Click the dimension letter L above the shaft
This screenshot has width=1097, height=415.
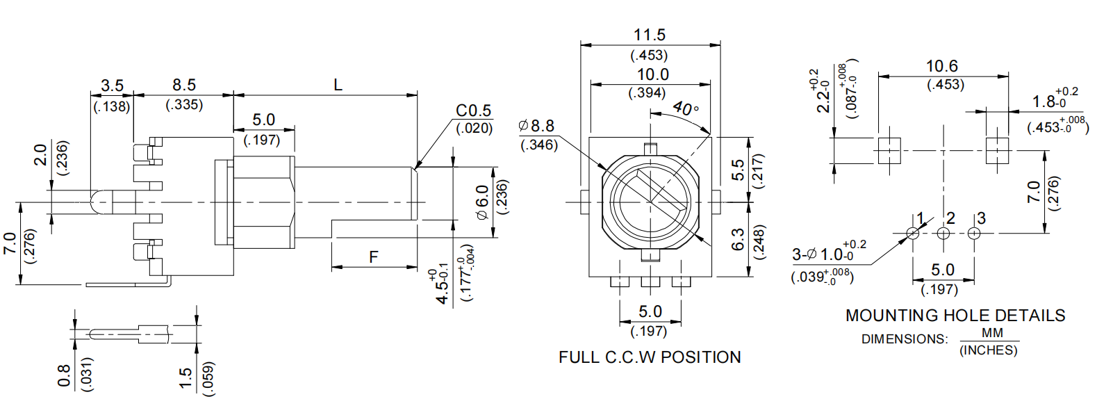(x=338, y=85)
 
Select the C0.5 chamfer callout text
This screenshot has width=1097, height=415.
(x=473, y=111)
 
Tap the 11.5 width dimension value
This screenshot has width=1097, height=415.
(x=649, y=35)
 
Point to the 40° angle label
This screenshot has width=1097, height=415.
(x=686, y=108)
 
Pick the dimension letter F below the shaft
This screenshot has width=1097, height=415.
(x=373, y=257)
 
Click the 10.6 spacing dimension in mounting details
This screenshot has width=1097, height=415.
(x=941, y=66)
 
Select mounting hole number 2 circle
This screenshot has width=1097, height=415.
(x=943, y=234)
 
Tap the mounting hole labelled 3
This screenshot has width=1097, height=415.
(x=974, y=234)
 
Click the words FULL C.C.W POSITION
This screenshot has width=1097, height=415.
(x=649, y=357)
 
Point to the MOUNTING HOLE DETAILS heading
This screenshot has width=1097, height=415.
(x=955, y=316)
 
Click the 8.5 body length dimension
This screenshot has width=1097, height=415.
(x=184, y=85)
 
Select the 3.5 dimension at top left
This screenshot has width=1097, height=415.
(x=112, y=86)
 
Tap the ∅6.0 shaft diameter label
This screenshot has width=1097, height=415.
(x=481, y=202)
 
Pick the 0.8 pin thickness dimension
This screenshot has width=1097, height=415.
(x=64, y=376)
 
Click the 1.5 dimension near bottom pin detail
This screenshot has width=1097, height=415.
(x=185, y=377)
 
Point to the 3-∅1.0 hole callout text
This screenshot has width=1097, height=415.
(x=823, y=254)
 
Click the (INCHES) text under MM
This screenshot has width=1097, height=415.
(x=988, y=350)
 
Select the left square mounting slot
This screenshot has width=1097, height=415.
(x=889, y=150)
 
